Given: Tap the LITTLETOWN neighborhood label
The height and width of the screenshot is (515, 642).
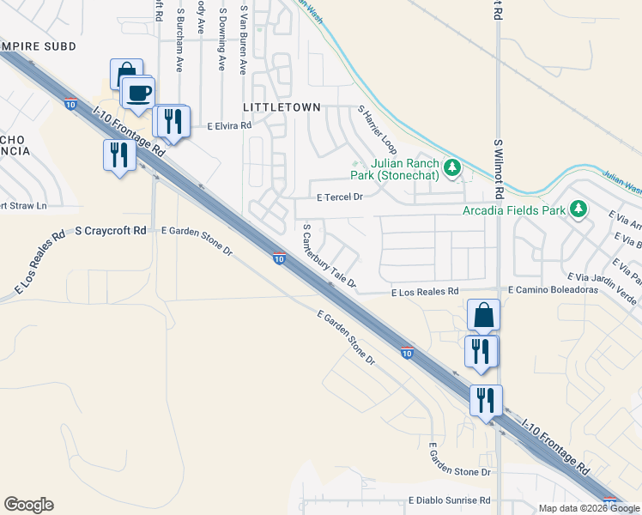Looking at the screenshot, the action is click(x=270, y=107).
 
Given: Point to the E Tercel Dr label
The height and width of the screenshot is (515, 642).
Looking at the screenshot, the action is click(x=340, y=197).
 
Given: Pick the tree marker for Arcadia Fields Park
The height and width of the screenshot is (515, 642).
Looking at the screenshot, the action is click(x=578, y=209).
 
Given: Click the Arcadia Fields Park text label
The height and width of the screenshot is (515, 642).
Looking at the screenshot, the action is click(x=514, y=210).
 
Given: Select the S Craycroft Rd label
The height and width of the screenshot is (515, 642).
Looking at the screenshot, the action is click(x=111, y=231).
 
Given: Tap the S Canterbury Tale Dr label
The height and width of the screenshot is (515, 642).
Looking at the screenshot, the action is click(x=328, y=255).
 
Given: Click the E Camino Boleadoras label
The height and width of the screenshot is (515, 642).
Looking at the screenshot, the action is click(x=553, y=291).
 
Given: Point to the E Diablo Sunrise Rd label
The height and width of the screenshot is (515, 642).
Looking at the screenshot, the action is click(x=449, y=500).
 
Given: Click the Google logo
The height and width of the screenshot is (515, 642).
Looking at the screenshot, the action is click(x=28, y=505).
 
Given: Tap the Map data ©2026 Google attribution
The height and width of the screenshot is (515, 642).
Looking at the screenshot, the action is click(x=589, y=508).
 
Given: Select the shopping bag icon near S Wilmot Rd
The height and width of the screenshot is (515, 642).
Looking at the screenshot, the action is click(x=483, y=315).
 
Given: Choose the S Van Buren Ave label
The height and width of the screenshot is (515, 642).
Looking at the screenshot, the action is click(x=244, y=38).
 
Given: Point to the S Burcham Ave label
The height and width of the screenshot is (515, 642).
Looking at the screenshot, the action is click(x=181, y=39).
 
